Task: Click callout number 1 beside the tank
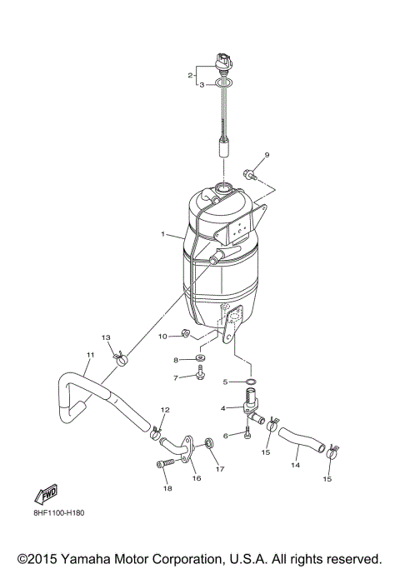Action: pyautogui.click(x=164, y=235)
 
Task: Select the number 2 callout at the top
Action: pyautogui.click(x=190, y=75)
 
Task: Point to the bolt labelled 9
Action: pyautogui.click(x=249, y=174)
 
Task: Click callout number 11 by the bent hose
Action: pyautogui.click(x=89, y=356)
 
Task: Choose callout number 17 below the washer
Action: pyautogui.click(x=220, y=469)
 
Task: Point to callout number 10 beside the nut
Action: pyautogui.click(x=163, y=335)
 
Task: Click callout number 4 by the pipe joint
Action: pyautogui.click(x=223, y=408)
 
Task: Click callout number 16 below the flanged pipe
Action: pyautogui.click(x=197, y=478)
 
